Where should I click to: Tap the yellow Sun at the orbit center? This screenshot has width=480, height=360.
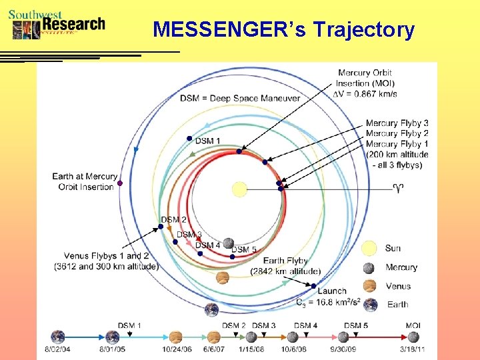(x=239, y=189)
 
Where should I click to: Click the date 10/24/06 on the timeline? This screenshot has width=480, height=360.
(x=177, y=349)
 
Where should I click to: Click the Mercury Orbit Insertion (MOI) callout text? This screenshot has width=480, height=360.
(x=365, y=83)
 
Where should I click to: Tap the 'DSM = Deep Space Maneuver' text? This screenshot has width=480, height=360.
(x=239, y=98)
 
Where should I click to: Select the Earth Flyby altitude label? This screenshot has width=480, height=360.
(x=285, y=266)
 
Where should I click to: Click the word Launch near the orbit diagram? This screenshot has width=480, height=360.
(x=331, y=291)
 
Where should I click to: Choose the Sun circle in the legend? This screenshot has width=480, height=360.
(x=369, y=249)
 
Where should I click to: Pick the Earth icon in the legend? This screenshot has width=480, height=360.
(x=369, y=305)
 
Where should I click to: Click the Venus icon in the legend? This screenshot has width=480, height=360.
(x=369, y=287)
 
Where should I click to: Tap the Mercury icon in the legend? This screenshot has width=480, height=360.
(x=369, y=268)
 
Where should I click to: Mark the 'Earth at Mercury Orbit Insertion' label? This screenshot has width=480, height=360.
(x=84, y=181)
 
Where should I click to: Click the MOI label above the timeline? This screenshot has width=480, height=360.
(x=413, y=325)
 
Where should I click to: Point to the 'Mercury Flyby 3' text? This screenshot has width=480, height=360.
(x=397, y=123)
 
